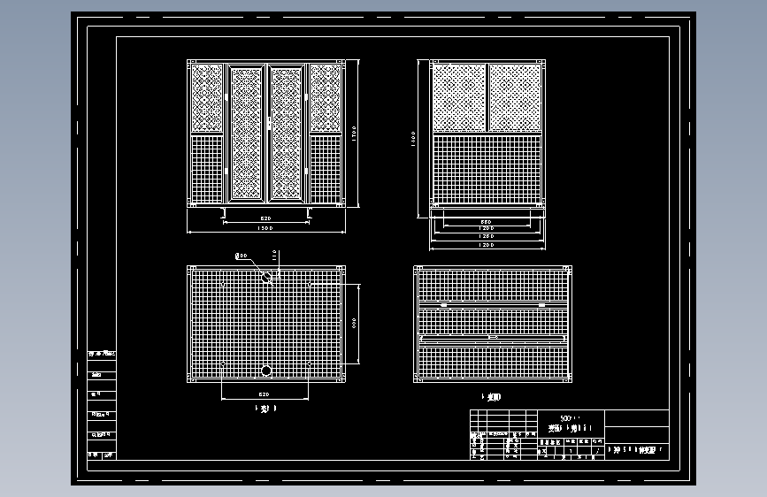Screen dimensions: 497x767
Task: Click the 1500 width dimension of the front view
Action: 265,228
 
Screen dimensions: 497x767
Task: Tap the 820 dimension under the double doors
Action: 265,218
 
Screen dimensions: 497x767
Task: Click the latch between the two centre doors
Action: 267,123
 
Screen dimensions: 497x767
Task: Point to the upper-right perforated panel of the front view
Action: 326,98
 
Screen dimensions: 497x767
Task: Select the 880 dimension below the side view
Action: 486,221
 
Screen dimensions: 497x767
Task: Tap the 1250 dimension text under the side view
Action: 486,236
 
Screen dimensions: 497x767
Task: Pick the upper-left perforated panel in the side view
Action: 458,97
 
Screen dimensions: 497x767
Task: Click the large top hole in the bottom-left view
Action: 265,277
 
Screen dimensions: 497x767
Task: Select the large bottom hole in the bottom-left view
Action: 265,370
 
